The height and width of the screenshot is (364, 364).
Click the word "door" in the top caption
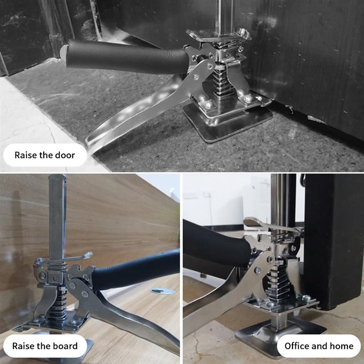click(65, 155)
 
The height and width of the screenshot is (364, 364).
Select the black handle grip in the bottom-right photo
click(216, 244)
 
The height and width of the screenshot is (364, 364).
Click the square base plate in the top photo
click(227, 123)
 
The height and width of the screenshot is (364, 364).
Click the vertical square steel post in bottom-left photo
click(57, 217)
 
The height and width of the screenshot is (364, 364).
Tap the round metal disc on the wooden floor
click(162, 291)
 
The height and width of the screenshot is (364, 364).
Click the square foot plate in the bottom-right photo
click(278, 334)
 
